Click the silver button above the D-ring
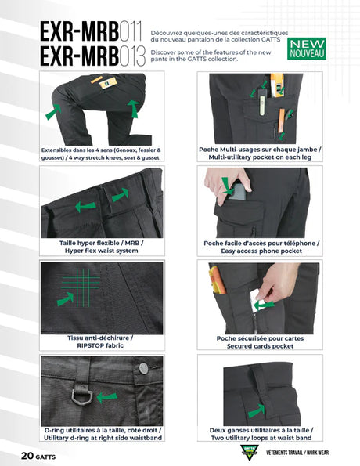tap(143, 367)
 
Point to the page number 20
tap(29, 453)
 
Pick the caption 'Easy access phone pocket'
tap(256, 251)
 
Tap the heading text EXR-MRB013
tap(92, 56)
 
